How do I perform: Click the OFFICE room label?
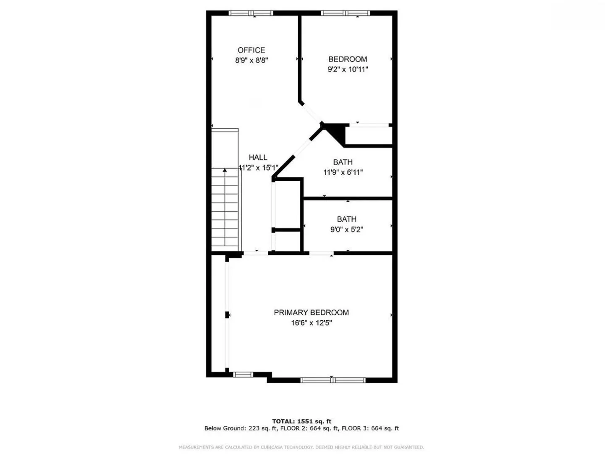pyautogui.click(x=251, y=50)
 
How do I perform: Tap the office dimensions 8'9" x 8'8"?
pyautogui.click(x=251, y=60)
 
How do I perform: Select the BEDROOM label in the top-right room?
pyautogui.click(x=348, y=59)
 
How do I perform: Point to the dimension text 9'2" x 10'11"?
pyautogui.click(x=348, y=69)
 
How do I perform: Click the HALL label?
pyautogui.click(x=258, y=157)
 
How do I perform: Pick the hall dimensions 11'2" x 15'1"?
pyautogui.click(x=258, y=168)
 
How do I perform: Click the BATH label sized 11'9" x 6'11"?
pyautogui.click(x=343, y=162)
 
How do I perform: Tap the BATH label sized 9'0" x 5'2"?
pyautogui.click(x=346, y=219)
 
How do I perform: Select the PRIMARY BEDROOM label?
pyautogui.click(x=311, y=312)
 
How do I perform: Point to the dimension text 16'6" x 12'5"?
pyautogui.click(x=312, y=322)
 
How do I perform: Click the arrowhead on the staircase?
pyautogui.click(x=225, y=170)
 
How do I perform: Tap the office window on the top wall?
pyautogui.click(x=251, y=13)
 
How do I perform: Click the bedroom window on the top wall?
pyautogui.click(x=346, y=13)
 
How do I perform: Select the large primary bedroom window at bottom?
pyautogui.click(x=333, y=380)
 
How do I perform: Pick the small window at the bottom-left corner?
pyautogui.click(x=243, y=375)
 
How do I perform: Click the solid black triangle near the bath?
pyautogui.click(x=335, y=134)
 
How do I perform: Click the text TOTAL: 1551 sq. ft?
pyautogui.click(x=301, y=421)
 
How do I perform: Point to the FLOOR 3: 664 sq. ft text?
pyautogui.click(x=370, y=428)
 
